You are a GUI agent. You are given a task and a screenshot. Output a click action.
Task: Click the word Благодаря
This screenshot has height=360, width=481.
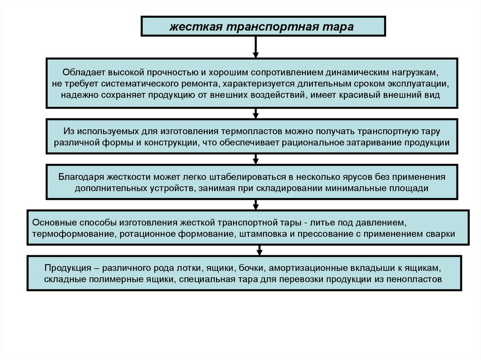tap(80, 177)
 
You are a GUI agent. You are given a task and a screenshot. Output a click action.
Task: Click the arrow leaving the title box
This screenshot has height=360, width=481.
tap(256, 47)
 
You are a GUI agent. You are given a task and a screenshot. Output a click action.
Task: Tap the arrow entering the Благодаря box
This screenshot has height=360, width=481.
tap(256, 159)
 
